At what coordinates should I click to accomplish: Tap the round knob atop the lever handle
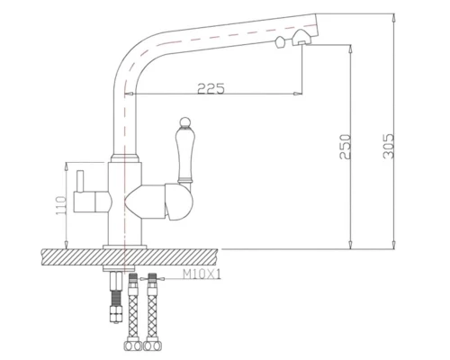pos(179,121)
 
